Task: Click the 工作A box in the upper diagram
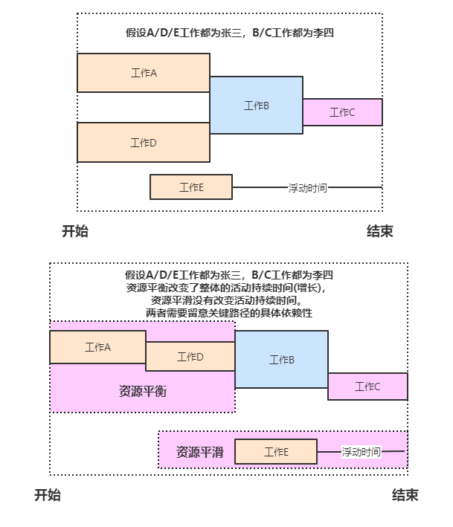point(143,73)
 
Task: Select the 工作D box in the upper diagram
point(143,143)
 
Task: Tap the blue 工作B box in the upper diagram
point(256,106)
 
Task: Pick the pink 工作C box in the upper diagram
point(342,112)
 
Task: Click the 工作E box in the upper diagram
point(191,187)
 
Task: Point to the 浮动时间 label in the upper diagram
point(307,188)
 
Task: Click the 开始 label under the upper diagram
point(74,231)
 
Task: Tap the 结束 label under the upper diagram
point(379,231)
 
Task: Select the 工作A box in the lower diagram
point(97,347)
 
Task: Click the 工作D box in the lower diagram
point(190,357)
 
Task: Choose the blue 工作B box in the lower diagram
point(281,360)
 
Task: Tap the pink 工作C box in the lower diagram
point(367,387)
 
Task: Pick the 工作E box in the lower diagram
point(275,452)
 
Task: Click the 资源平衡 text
point(142,391)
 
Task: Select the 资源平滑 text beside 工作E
point(199,451)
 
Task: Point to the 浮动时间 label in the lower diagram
point(361,452)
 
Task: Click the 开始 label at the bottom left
point(48,495)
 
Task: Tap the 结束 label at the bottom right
point(405,495)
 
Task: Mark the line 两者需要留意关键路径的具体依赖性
point(229,313)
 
